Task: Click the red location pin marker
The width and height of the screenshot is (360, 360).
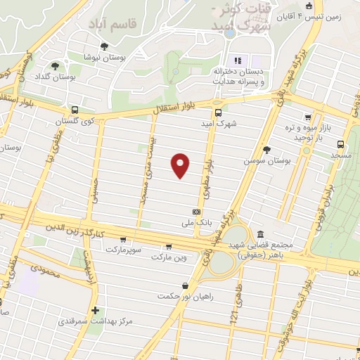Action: tap(181, 165)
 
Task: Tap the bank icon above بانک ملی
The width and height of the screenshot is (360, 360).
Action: tap(196, 212)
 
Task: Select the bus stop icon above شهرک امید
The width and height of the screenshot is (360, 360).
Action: tap(218, 112)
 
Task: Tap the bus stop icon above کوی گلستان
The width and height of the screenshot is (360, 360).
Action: tap(75, 110)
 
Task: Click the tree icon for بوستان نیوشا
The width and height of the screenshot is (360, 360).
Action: tap(104, 46)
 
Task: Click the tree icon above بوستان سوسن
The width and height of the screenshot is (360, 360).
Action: tap(266, 149)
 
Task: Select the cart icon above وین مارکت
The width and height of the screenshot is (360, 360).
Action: tap(169, 247)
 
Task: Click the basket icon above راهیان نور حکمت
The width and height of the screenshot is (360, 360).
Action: tap(184, 285)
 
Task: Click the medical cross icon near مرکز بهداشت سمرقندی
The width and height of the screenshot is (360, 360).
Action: tap(95, 310)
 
